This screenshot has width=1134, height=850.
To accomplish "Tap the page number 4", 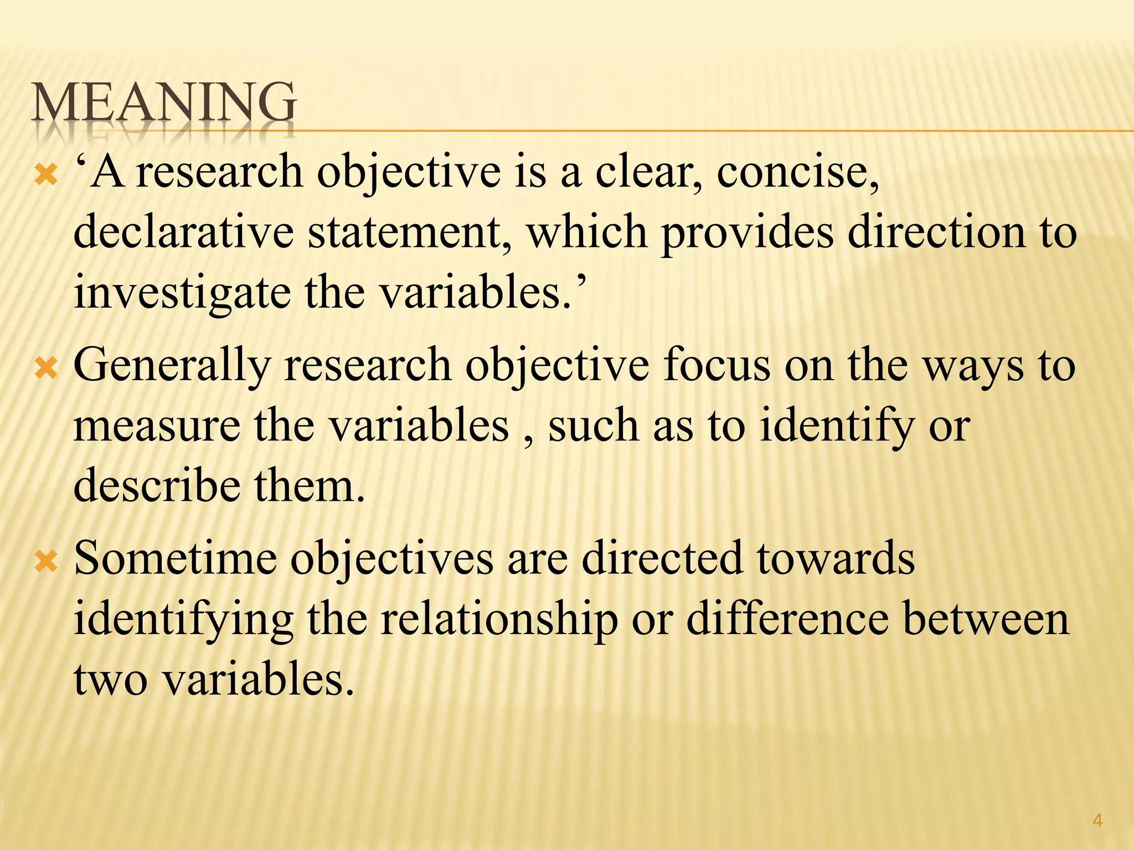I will pos(1097,821).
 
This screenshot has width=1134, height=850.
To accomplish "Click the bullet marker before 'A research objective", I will pos(45,176).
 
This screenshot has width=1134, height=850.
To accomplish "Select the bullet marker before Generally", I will pos(45,369).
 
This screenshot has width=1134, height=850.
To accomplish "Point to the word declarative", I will pos(184,232).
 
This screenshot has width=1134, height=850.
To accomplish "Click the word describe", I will pos(157,486).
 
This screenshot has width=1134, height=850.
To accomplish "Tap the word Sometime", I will pos(175,559).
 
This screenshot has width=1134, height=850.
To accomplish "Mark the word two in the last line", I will pos(111,681).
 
